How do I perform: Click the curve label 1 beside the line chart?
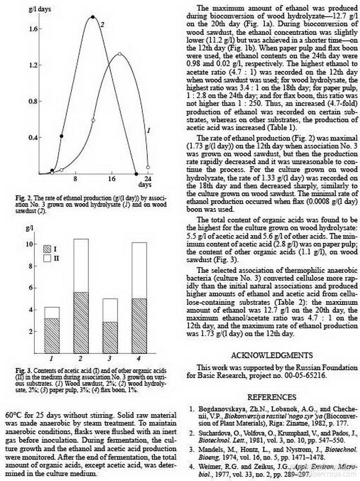[147, 115]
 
